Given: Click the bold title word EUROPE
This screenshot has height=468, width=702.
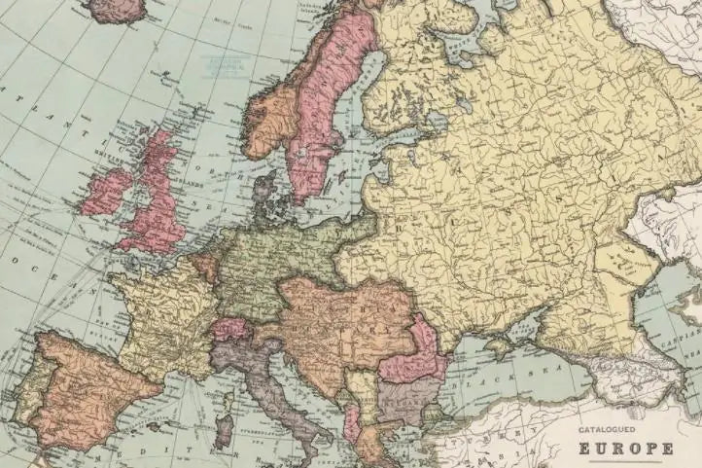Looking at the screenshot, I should [626, 449].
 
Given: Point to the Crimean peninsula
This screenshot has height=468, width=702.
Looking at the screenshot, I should [505, 340].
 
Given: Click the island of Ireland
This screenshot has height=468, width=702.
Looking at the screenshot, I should [106, 192].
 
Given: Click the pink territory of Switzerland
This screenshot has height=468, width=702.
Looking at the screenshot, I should [232, 330].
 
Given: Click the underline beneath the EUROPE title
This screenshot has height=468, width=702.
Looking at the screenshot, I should [626, 461].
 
